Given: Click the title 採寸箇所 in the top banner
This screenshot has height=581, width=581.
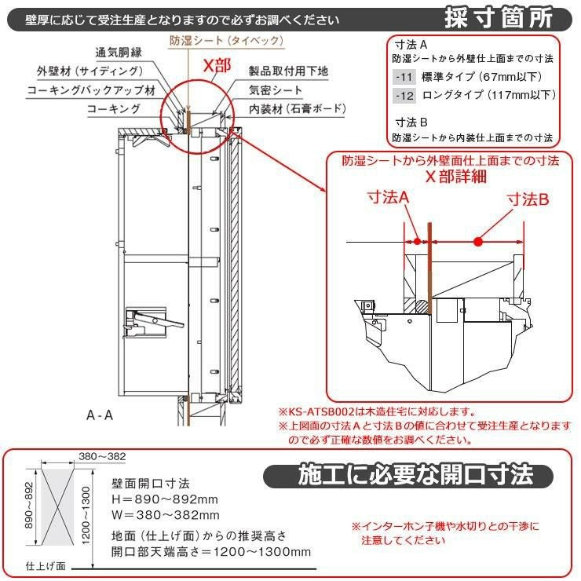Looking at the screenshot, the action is pyautogui.click(x=499, y=18).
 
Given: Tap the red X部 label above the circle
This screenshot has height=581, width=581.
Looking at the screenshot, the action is pyautogui.click(x=217, y=66).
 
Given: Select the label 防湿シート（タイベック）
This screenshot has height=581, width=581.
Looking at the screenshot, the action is pyautogui.click(x=226, y=40).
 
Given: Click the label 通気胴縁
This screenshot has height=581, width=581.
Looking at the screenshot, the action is pyautogui.click(x=119, y=53).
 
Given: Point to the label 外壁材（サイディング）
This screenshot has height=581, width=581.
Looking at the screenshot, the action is pyautogui.click(x=90, y=71).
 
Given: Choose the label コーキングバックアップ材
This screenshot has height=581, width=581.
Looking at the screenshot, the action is pyautogui.click(x=91, y=90).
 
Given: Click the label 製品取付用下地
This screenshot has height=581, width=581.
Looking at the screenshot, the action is pyautogui.click(x=288, y=71).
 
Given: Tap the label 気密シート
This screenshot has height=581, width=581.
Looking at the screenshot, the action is pyautogui.click(x=276, y=90).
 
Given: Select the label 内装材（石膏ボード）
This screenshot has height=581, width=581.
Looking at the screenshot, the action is pyautogui.click(x=297, y=108).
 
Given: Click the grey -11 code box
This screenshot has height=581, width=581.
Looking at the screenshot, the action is pyautogui.click(x=404, y=77).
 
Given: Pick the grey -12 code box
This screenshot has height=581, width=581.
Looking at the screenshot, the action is pyautogui.click(x=404, y=96).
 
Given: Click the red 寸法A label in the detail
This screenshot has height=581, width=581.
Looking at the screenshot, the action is pyautogui.click(x=388, y=198).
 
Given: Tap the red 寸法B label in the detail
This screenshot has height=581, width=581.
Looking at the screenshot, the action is pyautogui.click(x=528, y=199).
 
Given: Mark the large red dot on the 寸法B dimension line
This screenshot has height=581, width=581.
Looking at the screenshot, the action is pyautogui.click(x=478, y=242).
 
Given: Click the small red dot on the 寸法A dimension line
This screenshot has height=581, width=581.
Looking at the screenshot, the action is pyautogui.click(x=418, y=242).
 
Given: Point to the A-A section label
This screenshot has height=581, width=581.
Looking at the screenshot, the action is pyautogui.click(x=99, y=415).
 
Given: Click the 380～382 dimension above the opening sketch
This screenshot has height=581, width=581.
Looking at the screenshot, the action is pyautogui.click(x=102, y=456).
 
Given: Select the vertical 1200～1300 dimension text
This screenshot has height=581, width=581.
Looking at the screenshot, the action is pyautogui.click(x=86, y=516).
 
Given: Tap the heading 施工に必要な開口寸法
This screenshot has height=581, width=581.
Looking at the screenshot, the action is pyautogui.click(x=415, y=475).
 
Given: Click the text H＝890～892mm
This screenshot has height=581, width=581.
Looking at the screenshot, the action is pyautogui.click(x=165, y=499).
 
